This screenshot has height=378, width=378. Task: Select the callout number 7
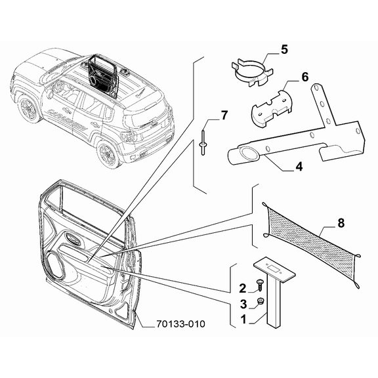click(x=224, y=116)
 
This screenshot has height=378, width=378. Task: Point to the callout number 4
click(x=299, y=167)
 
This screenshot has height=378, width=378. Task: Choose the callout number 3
click(x=242, y=304)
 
